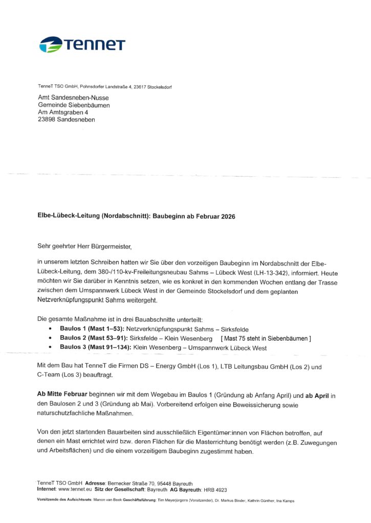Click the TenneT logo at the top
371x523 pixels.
pos(82,44)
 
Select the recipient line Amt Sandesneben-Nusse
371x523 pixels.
pos(73,98)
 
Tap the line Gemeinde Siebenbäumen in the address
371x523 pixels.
pos(74,105)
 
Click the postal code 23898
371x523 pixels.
pos(47,120)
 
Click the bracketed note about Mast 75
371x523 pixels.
pos(266,339)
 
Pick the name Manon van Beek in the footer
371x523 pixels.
pos(108,501)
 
